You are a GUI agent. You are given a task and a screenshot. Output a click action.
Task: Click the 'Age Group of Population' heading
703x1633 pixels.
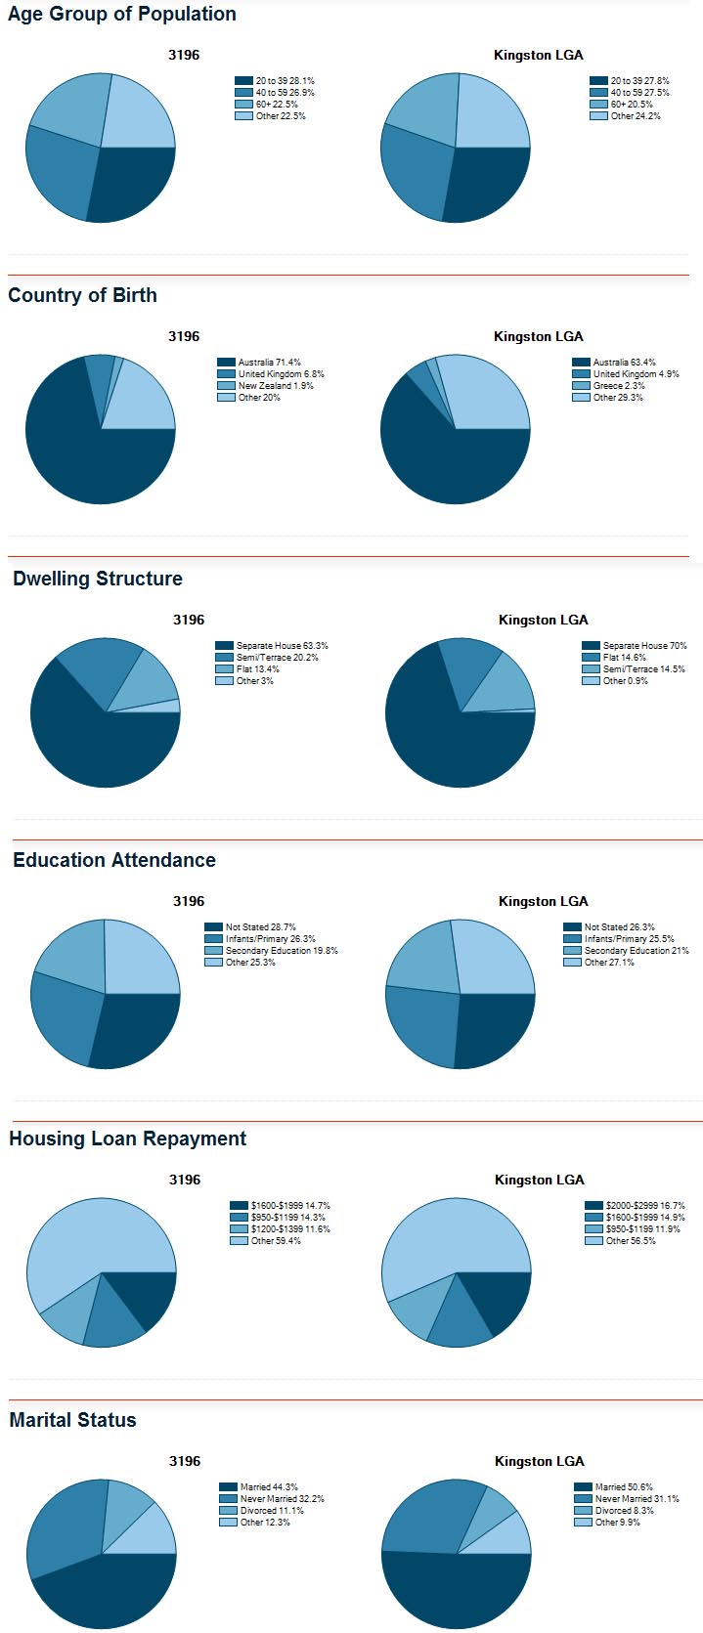(x=122, y=15)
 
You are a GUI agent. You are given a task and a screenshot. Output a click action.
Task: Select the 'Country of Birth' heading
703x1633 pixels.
(x=82, y=295)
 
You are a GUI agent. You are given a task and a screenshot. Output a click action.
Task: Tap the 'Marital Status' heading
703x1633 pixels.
(x=72, y=1420)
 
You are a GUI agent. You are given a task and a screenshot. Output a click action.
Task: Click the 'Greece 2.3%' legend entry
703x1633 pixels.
(x=618, y=386)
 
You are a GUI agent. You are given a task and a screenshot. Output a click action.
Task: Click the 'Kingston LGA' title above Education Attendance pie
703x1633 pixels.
(x=543, y=901)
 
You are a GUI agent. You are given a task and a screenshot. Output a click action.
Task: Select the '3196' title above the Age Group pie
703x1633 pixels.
(x=184, y=55)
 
